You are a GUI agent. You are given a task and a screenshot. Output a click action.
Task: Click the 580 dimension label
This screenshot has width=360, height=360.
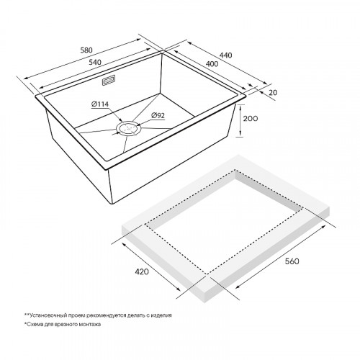[x=86, y=50]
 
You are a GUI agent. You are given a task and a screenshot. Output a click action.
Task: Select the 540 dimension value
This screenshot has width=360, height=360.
[x=95, y=62]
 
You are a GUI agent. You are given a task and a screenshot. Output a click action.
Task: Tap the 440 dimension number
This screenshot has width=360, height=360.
[x=226, y=55]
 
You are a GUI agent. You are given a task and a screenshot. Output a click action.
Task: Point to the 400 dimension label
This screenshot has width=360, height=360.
[x=212, y=64]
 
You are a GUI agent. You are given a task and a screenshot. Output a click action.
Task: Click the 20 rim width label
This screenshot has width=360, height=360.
[x=273, y=92]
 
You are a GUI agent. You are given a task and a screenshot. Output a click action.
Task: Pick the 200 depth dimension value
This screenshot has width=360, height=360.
[x=251, y=119]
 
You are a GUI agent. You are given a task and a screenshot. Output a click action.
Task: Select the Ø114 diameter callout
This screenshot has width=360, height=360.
[x=100, y=104]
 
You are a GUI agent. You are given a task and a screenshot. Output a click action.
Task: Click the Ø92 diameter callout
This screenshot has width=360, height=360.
[x=158, y=116]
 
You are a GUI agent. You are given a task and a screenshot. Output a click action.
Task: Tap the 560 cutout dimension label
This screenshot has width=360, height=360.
[x=292, y=261]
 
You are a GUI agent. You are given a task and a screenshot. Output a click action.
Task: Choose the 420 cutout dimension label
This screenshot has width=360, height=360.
[x=142, y=271]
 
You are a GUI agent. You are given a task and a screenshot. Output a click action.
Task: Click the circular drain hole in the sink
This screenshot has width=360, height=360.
[x=127, y=128]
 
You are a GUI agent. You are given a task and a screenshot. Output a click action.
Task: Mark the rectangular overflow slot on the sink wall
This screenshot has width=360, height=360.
[x=109, y=80]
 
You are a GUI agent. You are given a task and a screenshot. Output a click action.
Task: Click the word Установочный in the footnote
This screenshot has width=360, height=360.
[x=45, y=315]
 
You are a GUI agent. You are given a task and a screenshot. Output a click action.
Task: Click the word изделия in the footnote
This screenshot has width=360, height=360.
[x=162, y=315]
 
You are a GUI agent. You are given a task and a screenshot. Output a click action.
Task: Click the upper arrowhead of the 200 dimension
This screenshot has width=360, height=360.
[x=240, y=107]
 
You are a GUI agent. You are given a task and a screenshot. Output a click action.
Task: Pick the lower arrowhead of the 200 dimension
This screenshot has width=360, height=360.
[x=240, y=135]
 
